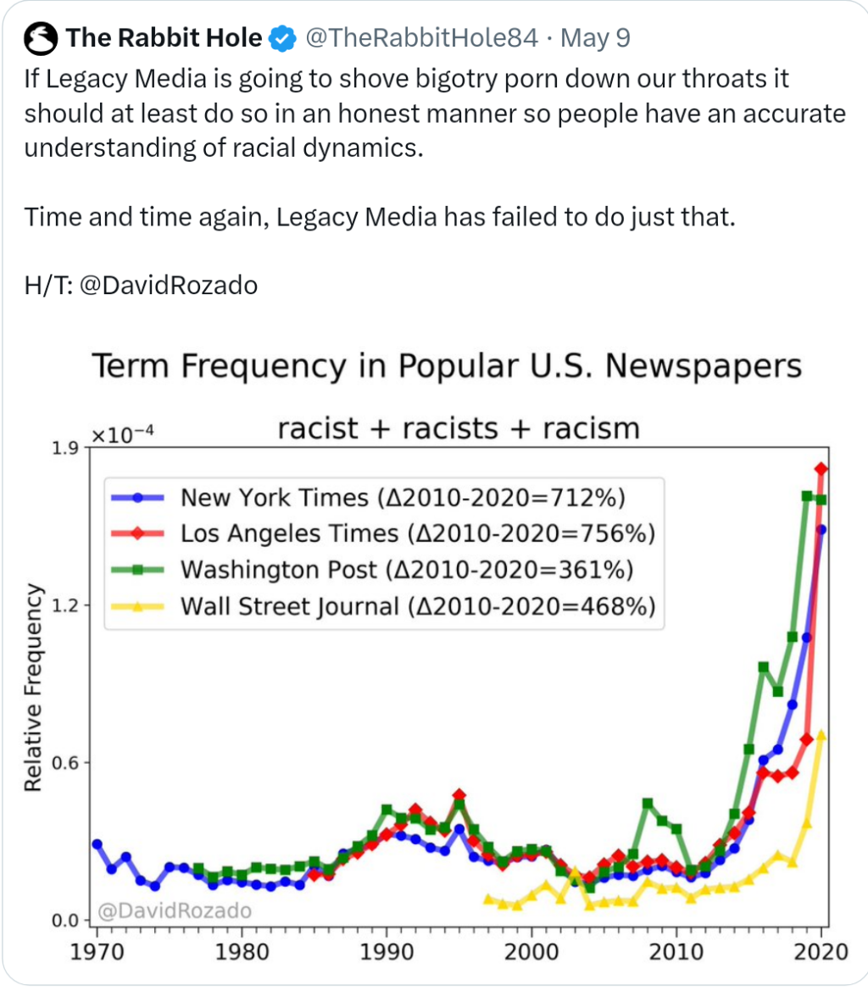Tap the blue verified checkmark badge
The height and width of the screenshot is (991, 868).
282,38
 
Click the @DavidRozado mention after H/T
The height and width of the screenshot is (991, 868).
168,285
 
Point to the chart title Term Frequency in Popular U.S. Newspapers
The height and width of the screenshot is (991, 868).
446,368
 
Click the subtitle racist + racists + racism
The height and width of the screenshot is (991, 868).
459,428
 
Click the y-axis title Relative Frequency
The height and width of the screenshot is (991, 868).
34,688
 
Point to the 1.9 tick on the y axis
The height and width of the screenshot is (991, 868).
66,448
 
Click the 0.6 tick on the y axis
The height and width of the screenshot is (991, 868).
66,763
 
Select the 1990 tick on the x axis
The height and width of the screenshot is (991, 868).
387,950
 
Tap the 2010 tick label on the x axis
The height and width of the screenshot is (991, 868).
676,950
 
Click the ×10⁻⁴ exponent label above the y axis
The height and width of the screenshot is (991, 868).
123,436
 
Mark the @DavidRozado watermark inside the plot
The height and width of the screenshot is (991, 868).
175,911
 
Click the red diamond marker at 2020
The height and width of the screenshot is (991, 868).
821,469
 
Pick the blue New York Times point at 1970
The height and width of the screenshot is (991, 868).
97,844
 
